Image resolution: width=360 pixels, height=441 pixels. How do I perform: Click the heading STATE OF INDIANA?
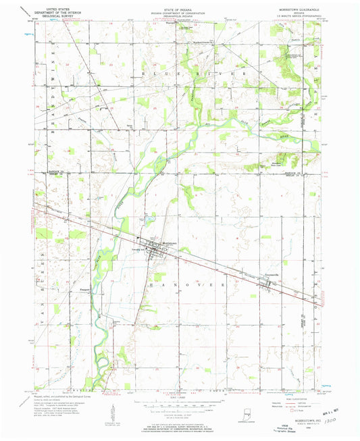pyautogui.click(x=179, y=6)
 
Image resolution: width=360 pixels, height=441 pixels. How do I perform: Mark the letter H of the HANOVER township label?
pyautogui.click(x=150, y=286)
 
